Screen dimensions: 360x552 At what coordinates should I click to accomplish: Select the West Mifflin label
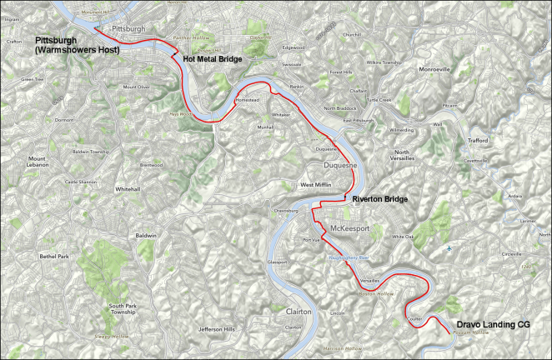point(316,184)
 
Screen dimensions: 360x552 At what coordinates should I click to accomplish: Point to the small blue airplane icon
point(450,247)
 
